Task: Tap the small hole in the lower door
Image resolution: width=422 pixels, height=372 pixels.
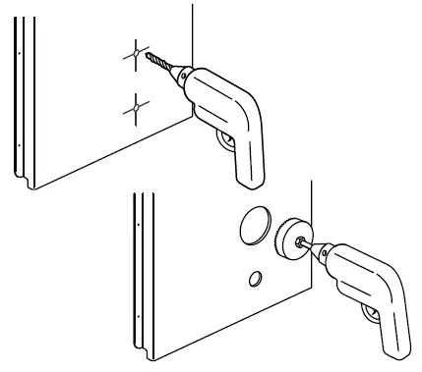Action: tap(255, 280)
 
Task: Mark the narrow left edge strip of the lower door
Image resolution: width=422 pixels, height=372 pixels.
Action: tap(138, 275)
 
